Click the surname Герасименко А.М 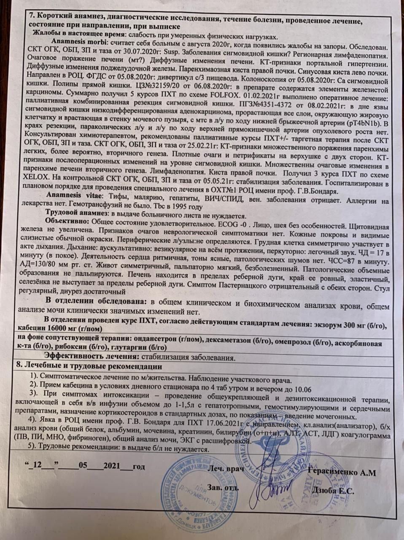[342, 472]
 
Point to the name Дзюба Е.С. [333, 491]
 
